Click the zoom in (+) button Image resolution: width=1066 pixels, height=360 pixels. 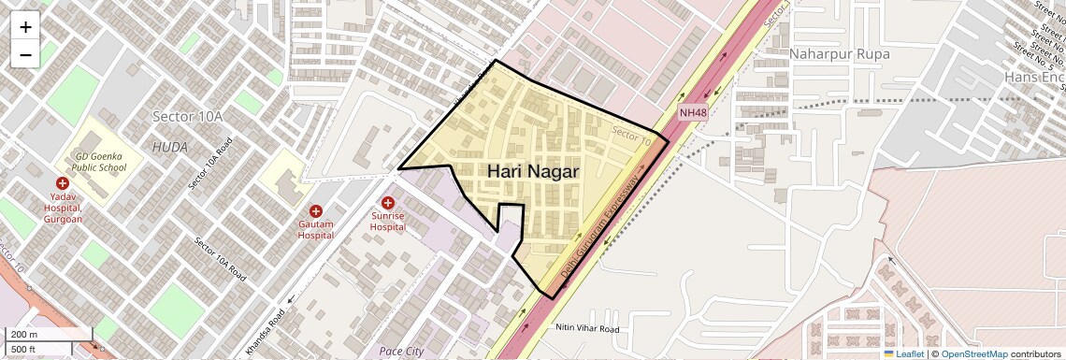click(25, 27)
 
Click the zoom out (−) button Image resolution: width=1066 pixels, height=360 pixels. click(25, 55)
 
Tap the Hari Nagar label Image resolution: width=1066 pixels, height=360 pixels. click(533, 172)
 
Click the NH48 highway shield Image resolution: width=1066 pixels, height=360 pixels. click(692, 113)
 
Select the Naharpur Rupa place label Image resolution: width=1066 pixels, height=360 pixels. click(839, 54)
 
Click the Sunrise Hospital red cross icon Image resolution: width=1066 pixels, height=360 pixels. click(388, 203)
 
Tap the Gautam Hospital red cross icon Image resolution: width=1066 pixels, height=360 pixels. click(316, 212)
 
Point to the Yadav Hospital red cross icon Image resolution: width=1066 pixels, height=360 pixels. click(63, 183)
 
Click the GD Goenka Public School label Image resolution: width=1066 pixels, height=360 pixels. click(100, 162)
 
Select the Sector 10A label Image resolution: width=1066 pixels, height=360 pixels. click(188, 116)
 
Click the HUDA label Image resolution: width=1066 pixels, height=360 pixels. click(170, 148)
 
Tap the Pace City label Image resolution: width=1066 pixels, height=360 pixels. click(401, 352)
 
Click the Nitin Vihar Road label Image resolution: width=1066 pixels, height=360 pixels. click(587, 329)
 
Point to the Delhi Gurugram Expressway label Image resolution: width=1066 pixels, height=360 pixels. click(605, 223)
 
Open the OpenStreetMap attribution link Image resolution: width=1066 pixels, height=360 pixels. click(973, 353)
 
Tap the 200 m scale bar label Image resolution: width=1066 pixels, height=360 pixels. click(24, 335)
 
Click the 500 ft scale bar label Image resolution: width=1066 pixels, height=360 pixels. click(24, 349)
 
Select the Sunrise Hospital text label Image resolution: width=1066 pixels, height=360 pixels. click(387, 221)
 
